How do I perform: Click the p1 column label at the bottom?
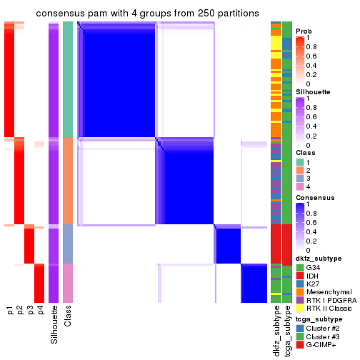[10, 309]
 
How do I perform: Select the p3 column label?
[30, 309]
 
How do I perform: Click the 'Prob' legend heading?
[304, 31]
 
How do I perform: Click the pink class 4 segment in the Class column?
[68, 281]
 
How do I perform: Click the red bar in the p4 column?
[39, 281]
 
